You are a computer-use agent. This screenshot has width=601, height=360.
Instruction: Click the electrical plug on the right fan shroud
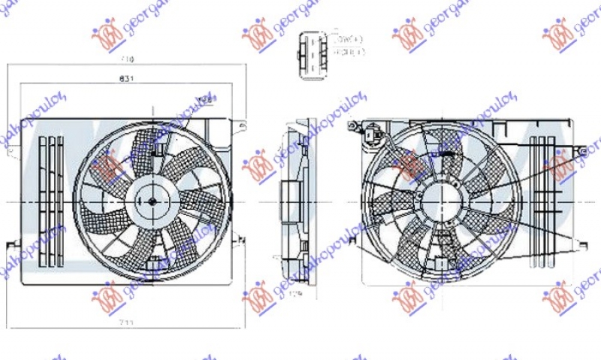[372, 136]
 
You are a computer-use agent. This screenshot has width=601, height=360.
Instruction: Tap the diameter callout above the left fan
[204, 101]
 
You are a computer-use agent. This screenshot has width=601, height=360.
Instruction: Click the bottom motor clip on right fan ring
[435, 263]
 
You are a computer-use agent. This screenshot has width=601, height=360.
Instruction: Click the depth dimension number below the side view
[297, 294]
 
